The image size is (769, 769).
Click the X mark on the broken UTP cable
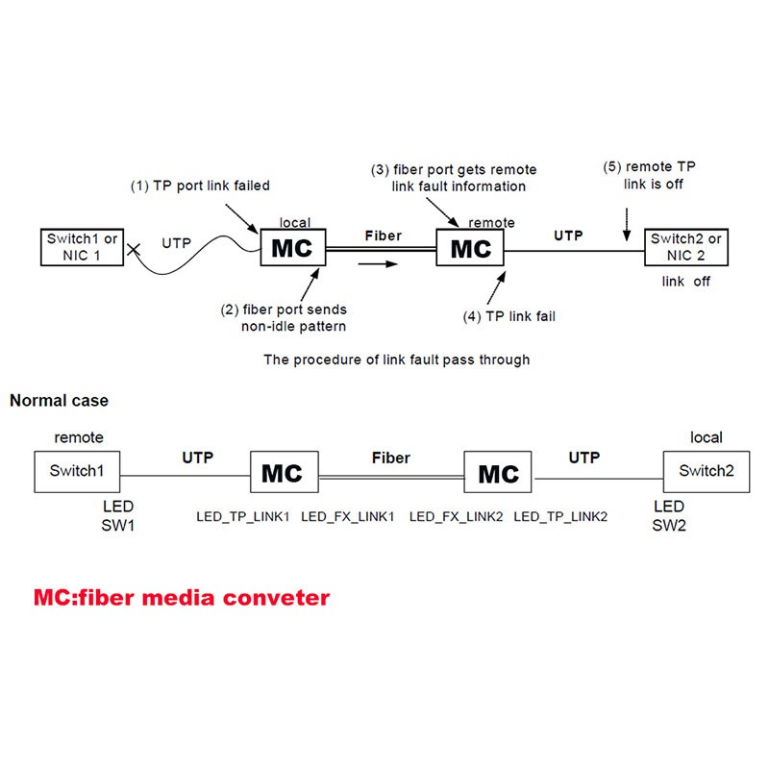[x=134, y=250]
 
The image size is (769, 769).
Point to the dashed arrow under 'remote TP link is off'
[x=627, y=225]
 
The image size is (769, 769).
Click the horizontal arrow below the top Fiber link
[x=378, y=264]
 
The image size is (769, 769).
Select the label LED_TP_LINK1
[x=243, y=516]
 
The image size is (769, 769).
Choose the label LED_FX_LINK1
[x=348, y=516]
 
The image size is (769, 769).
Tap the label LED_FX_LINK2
[x=456, y=516]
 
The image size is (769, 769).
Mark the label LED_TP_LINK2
[x=560, y=516]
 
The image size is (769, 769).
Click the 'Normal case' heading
[x=59, y=400]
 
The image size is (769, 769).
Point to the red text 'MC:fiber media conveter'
[x=182, y=598]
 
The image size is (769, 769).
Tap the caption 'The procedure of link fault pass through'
[x=397, y=360]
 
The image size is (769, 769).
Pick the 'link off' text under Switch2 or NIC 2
[x=685, y=281]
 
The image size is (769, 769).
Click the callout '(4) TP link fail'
[x=509, y=316]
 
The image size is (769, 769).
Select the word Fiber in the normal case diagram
[x=391, y=458]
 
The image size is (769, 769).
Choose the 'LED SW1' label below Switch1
[x=117, y=515]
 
